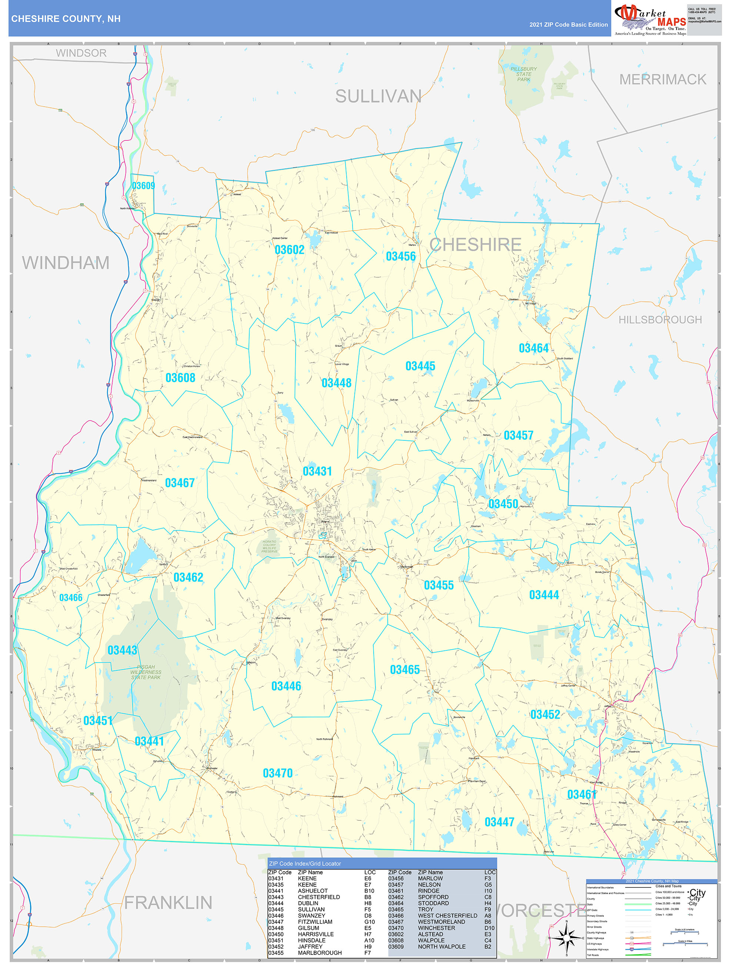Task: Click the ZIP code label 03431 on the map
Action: click(x=317, y=471)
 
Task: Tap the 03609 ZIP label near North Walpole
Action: click(x=143, y=186)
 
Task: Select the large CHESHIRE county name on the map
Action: click(x=475, y=245)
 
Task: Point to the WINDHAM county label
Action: click(x=66, y=263)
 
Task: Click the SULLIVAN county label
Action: click(x=378, y=96)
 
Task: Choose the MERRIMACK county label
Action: click(x=662, y=79)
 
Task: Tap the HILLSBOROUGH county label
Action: click(x=660, y=320)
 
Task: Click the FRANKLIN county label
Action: click(x=168, y=903)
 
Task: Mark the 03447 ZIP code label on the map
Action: click(x=500, y=822)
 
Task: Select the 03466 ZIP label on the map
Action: click(x=71, y=597)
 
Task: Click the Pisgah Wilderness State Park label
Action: click(x=146, y=672)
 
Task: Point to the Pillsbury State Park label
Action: click(x=523, y=74)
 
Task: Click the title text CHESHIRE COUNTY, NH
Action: click(x=66, y=19)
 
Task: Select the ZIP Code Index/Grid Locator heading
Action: click(x=305, y=863)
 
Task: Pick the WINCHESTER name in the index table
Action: click(x=436, y=928)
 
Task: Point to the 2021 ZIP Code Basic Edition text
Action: click(x=568, y=25)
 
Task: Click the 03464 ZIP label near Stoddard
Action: click(x=533, y=348)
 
